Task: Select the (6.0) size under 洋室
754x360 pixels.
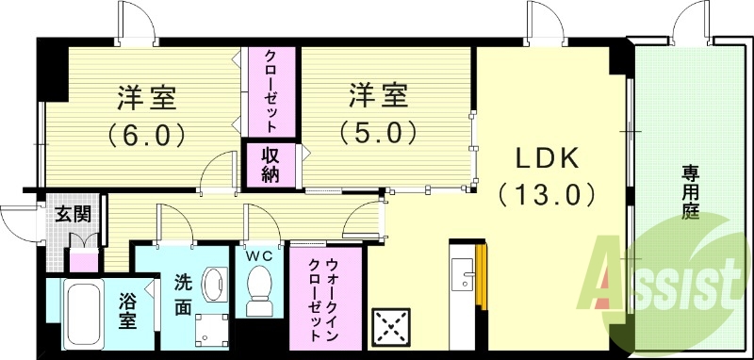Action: (146, 134)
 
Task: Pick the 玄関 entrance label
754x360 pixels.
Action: (73, 214)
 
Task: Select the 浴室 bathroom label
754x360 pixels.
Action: (127, 310)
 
